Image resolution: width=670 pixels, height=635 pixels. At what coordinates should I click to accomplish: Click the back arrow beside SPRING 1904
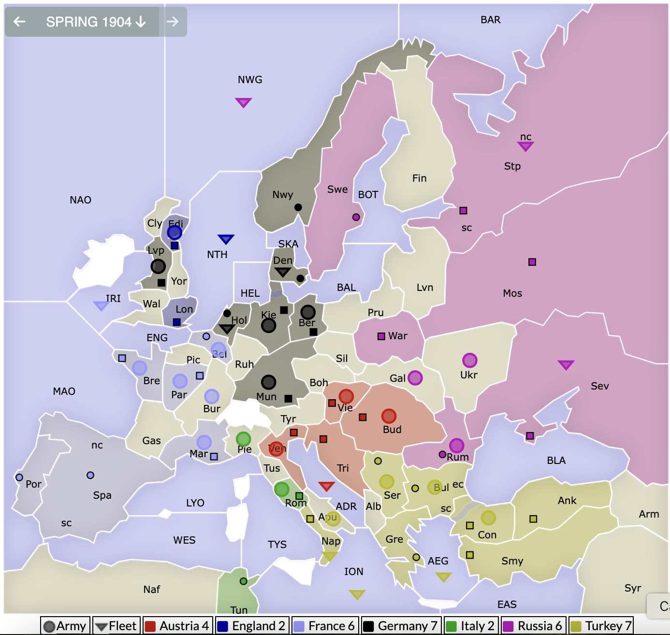coord(19,22)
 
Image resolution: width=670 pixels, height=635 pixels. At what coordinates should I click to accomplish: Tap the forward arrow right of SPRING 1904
coord(173,22)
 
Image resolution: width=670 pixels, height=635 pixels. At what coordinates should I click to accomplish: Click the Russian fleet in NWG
coord(243,102)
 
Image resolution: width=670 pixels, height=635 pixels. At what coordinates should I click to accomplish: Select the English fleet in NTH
coord(226,239)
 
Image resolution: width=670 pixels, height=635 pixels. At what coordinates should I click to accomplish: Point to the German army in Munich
coord(268,382)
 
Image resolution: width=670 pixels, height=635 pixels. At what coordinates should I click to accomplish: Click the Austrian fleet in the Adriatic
coord(326,486)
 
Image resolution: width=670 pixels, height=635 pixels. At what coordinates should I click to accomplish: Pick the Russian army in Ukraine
coord(469,360)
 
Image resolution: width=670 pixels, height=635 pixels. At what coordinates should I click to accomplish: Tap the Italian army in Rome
coord(281,489)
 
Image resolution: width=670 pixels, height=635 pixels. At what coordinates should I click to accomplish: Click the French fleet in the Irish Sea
coord(101,305)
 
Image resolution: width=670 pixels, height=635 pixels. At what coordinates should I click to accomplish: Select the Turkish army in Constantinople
coord(488,518)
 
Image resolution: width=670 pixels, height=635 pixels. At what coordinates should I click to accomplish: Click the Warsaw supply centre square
coord(381,336)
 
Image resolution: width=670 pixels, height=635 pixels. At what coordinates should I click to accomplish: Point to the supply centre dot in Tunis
coord(244,581)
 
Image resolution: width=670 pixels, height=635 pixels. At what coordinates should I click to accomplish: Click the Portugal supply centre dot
coord(19,477)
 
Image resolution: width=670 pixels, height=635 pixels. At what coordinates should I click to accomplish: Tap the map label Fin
coord(419,178)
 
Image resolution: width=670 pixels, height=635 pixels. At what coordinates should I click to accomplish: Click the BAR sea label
coord(490,20)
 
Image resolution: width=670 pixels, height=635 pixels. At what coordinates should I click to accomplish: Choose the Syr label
coord(632,588)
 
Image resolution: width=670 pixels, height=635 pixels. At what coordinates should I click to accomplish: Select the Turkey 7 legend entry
coord(601,626)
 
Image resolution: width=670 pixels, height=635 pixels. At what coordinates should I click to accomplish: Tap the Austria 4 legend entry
coord(177,626)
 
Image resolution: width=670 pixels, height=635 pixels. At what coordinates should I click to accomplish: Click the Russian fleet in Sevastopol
coord(566,364)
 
